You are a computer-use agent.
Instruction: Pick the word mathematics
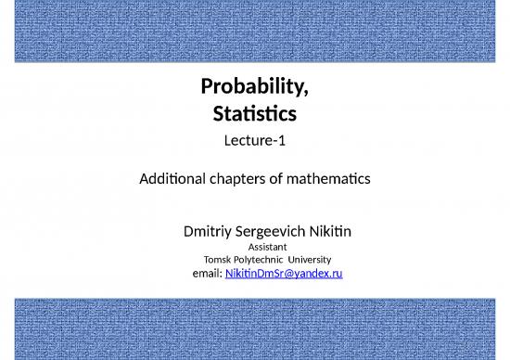pyautogui.click(x=334, y=178)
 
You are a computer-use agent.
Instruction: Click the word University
pyautogui.click(x=309, y=260)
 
